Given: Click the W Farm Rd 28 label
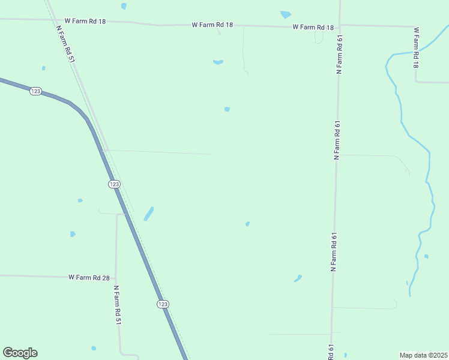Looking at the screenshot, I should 89,277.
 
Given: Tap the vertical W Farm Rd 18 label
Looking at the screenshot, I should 415,47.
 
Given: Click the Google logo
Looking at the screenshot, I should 20,353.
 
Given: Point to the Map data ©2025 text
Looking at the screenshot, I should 424,355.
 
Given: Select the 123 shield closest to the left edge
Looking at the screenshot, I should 35,91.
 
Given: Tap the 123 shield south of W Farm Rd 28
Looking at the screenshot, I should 163,304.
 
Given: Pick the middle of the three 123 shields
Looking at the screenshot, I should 114,184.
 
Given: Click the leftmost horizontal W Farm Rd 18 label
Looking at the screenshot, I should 85,21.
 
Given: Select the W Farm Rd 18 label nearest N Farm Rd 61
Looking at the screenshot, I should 313,27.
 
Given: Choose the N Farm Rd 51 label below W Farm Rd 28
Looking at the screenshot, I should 118,305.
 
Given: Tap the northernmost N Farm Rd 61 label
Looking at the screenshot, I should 339,54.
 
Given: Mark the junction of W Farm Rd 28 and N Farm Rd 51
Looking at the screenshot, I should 116,278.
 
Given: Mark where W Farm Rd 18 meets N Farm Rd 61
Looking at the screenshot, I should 340,26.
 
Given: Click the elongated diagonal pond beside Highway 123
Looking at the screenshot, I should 148,214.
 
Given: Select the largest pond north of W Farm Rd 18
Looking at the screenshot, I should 286,14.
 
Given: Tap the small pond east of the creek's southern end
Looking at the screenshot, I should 426,256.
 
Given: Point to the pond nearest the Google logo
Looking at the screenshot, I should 94,347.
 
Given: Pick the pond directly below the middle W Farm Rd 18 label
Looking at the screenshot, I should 218,61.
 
